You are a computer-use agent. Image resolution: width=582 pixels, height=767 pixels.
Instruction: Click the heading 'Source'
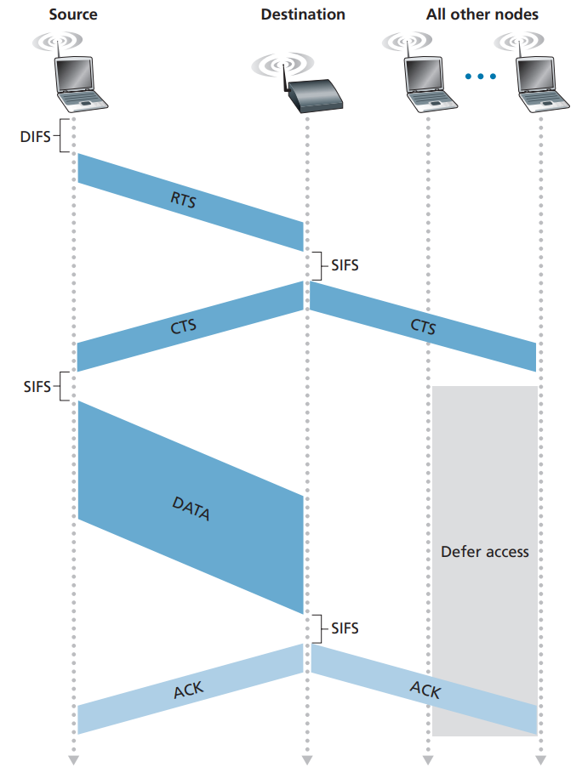click(73, 14)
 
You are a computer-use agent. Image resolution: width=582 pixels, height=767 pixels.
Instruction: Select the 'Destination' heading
click(303, 14)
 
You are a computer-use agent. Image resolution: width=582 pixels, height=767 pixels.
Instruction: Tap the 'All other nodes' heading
click(482, 14)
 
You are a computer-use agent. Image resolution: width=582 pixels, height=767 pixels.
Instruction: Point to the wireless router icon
click(299, 83)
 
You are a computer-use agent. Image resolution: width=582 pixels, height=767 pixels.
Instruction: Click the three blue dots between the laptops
click(480, 77)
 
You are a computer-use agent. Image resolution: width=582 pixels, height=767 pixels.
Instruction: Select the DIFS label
click(35, 136)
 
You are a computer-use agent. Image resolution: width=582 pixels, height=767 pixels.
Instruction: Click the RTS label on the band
click(183, 200)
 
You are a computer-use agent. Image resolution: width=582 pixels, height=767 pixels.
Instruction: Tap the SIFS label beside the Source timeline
click(37, 386)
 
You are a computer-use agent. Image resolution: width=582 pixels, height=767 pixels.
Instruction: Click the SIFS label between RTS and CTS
click(345, 265)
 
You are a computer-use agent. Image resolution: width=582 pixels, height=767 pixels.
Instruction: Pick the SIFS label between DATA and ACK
click(345, 628)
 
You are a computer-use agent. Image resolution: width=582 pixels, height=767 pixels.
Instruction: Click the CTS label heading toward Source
click(183, 327)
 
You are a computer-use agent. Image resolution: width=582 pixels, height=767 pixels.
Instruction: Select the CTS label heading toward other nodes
click(423, 327)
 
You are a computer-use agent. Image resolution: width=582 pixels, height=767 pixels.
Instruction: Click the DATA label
click(191, 508)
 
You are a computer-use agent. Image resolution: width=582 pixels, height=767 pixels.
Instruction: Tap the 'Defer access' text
click(485, 552)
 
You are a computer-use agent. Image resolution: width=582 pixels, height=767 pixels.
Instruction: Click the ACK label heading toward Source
click(188, 690)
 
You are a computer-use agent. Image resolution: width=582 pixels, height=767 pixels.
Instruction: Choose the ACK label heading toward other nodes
click(425, 690)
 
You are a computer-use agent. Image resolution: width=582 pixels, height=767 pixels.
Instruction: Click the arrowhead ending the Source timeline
click(73, 759)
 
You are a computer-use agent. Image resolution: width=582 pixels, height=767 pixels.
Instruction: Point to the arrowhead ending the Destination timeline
click(307, 759)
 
